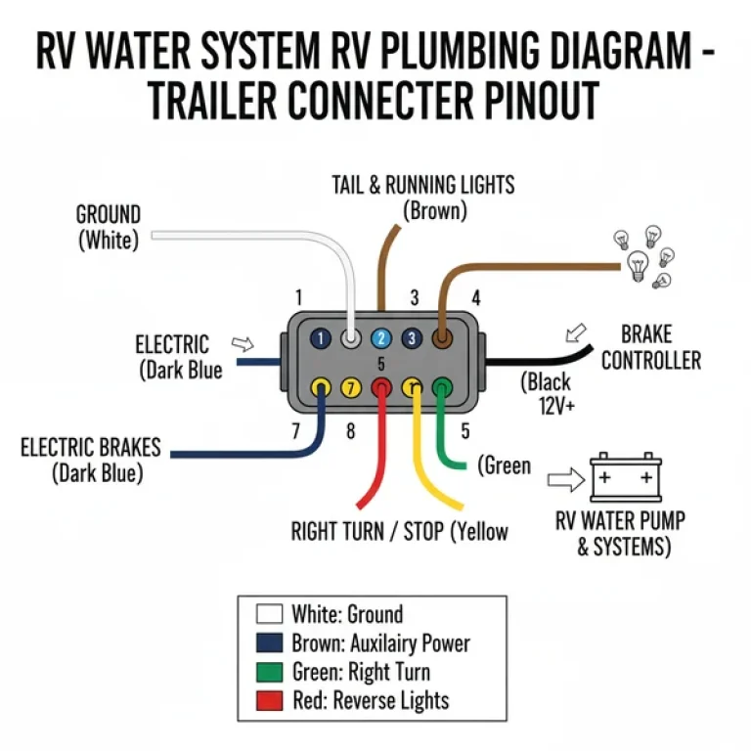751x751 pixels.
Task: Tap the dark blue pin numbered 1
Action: click(x=319, y=338)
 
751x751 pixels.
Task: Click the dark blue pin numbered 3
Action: click(x=412, y=338)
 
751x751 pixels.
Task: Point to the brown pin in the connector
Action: click(x=442, y=338)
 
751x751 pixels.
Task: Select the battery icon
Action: click(x=622, y=479)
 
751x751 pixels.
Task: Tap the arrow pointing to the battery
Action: click(x=563, y=480)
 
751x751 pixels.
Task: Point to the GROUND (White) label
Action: click(x=109, y=226)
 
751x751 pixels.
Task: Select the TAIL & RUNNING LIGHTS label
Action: click(x=422, y=196)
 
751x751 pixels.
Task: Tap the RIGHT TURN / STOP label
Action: click(x=399, y=532)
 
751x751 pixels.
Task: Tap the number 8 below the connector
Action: click(x=350, y=430)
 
